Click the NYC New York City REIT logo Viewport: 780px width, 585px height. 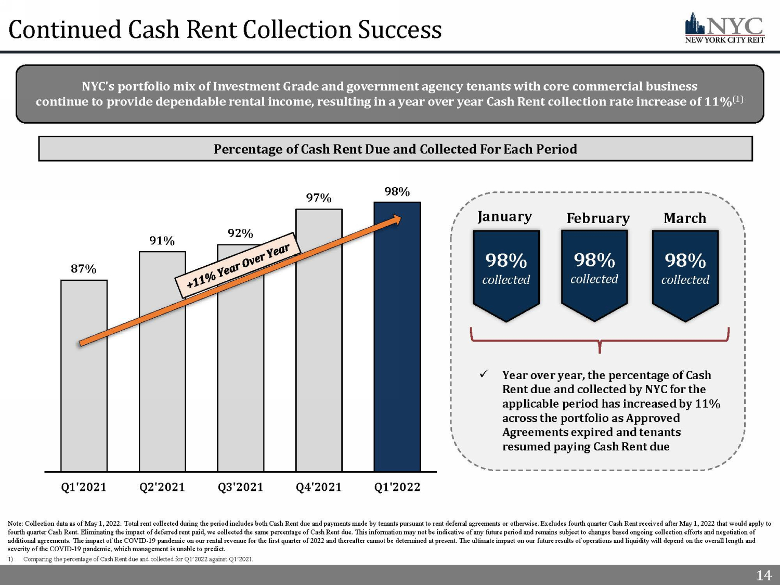point(724,29)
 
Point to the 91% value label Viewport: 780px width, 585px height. point(162,241)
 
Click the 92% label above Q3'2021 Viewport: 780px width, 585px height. point(240,233)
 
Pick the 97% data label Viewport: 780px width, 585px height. point(319,198)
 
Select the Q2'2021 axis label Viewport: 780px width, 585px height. point(162,487)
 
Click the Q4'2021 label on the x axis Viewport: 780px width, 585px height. point(319,487)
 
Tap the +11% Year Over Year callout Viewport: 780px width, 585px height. point(238,265)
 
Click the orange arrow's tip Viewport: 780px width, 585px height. point(399,218)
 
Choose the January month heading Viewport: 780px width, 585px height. point(504,216)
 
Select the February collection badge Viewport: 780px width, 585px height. point(594,273)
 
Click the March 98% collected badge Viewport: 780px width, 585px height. point(685,273)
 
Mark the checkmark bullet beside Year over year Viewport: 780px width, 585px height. point(484,374)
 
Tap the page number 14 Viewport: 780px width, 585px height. point(763,576)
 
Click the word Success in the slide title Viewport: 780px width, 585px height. point(400,30)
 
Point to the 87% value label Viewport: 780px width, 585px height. point(84,269)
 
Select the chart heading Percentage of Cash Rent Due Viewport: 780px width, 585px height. point(395,149)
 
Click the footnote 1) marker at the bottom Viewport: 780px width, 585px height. point(10,559)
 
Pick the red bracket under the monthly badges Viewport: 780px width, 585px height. point(600,341)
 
